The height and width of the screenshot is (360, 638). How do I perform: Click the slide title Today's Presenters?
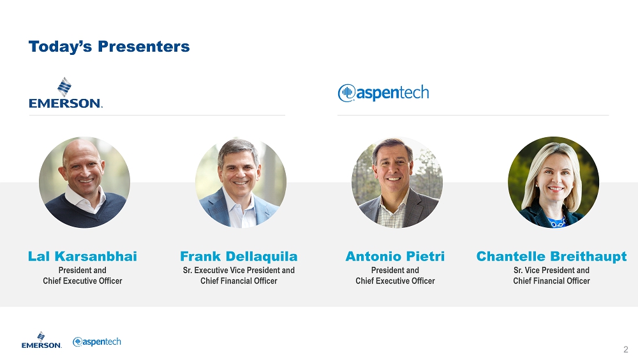point(109,47)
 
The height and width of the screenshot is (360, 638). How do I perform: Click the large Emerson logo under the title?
point(66,93)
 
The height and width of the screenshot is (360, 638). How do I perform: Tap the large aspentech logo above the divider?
point(383,93)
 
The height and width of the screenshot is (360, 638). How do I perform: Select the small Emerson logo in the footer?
point(41,340)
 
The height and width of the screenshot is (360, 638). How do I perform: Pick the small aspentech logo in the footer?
point(97,341)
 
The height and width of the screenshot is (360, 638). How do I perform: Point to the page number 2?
point(626,349)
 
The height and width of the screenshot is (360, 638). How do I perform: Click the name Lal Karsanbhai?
point(82,256)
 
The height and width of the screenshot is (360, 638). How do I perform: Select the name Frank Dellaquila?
point(239,256)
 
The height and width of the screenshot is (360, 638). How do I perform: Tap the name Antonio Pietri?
point(395,256)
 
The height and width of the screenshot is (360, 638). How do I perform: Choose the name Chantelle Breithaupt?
point(551,256)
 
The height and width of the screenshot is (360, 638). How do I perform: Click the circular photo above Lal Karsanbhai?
point(85,182)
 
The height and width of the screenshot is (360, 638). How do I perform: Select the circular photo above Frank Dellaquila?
point(241,182)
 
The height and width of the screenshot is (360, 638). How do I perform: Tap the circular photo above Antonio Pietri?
point(397,182)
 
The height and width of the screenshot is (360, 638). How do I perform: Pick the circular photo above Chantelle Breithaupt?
point(553,182)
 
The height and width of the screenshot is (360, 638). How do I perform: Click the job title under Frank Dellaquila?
point(239,276)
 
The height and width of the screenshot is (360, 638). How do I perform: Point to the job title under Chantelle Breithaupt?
point(551,276)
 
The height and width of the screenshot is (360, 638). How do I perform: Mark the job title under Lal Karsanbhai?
point(82,276)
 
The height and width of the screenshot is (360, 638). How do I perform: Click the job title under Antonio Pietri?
point(395,276)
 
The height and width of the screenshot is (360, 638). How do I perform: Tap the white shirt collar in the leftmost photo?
point(85,201)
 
